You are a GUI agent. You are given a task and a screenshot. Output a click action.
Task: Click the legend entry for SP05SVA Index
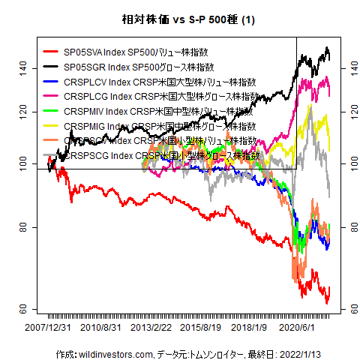136,53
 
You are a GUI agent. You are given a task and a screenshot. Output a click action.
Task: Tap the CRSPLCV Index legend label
160,82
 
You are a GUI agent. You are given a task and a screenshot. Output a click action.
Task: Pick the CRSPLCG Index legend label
162,97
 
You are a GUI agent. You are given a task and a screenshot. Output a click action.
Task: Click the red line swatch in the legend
51,53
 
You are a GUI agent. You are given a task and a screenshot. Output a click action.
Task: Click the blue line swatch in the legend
51,82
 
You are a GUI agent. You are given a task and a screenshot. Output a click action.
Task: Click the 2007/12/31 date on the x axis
49,328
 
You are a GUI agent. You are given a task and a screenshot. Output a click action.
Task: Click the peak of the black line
326,48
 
